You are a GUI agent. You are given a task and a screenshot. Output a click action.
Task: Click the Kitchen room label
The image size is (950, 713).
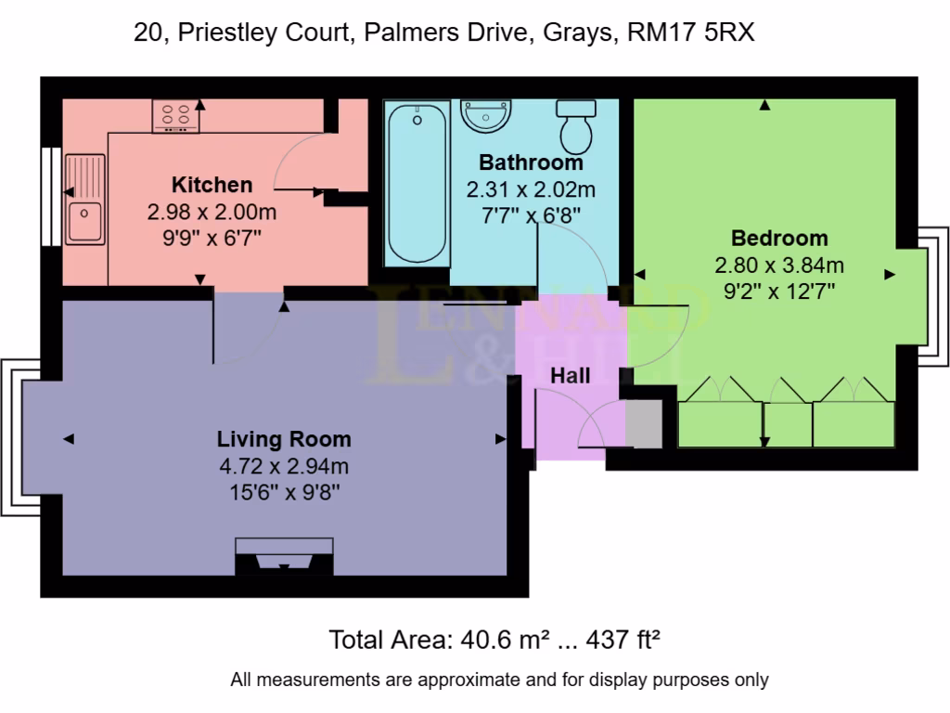coord(212,184)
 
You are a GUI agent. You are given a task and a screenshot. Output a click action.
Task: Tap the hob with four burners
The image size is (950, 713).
coord(175,116)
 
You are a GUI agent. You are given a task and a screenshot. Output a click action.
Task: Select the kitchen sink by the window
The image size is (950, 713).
coord(85,199)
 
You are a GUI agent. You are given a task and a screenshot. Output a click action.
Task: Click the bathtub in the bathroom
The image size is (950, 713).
coord(417,184)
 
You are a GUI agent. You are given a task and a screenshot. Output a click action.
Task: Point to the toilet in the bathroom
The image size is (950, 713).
coord(576,127)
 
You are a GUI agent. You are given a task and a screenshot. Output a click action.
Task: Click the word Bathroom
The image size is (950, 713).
coord(531,162)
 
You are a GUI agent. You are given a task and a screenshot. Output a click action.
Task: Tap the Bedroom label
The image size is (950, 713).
coord(779,238)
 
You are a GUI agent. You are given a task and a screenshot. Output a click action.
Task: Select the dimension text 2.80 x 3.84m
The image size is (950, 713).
coord(779,266)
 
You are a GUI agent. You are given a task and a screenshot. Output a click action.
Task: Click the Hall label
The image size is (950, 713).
coord(570,376)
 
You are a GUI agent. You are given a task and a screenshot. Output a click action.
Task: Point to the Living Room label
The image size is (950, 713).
coord(284,439)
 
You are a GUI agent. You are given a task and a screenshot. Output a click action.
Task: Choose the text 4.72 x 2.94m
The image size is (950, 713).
coord(284,467)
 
